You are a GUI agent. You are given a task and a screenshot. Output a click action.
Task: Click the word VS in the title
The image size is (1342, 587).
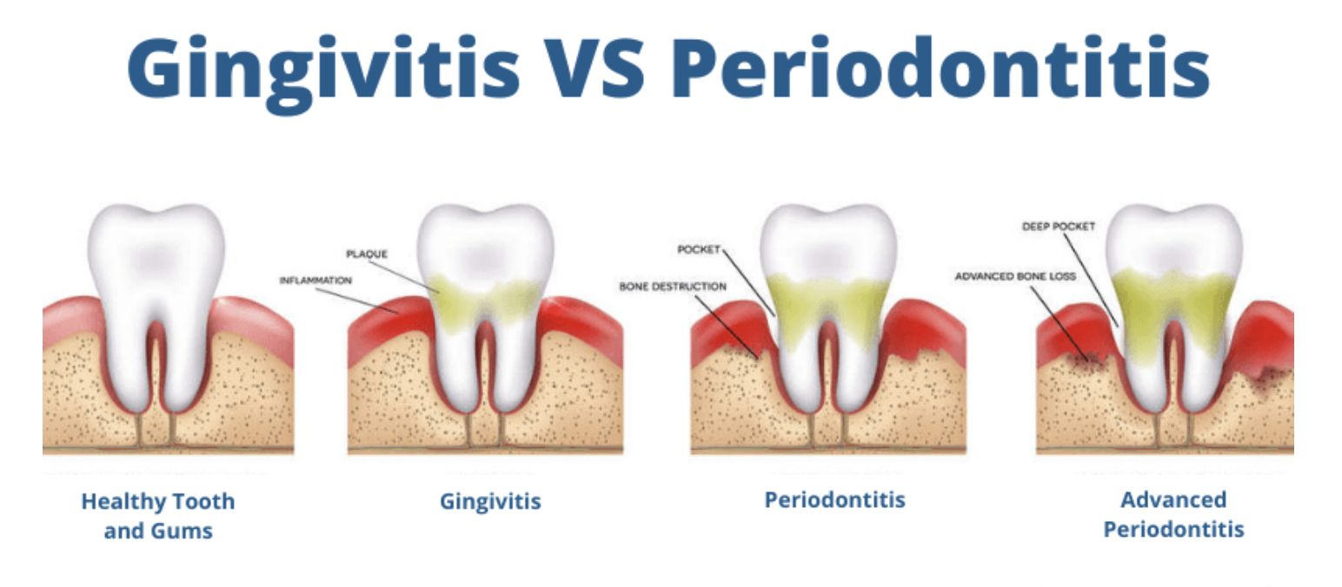point(591,68)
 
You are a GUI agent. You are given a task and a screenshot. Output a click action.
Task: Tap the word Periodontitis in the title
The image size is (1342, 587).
point(940,68)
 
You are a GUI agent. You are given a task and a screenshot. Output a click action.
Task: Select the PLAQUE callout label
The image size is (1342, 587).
point(366,254)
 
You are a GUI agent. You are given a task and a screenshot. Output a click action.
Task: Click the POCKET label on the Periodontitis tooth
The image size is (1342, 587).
point(699,250)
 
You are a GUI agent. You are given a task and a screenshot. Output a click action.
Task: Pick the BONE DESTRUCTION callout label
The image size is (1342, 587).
point(673,286)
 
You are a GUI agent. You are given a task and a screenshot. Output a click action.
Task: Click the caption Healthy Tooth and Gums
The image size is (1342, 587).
point(157,516)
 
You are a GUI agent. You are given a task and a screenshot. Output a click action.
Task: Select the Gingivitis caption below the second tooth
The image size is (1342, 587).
point(490,502)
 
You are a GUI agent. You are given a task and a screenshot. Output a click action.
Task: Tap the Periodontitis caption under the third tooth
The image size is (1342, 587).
point(834,499)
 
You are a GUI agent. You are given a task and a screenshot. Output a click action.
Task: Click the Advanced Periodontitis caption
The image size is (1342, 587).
point(1173,514)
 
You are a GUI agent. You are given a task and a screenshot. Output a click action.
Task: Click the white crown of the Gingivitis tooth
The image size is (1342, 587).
point(485,243)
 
